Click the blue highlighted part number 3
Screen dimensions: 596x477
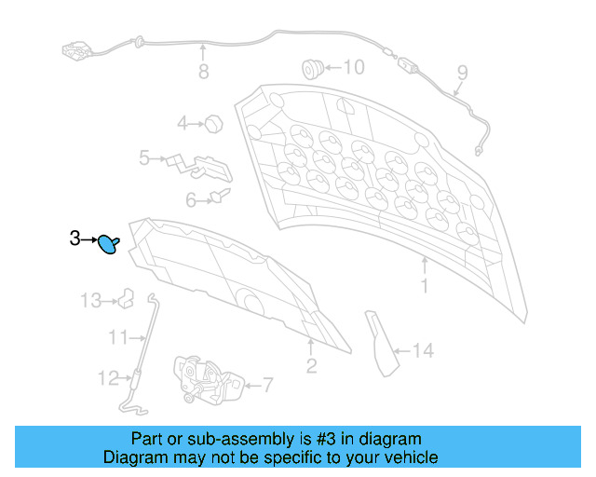(x=108, y=244)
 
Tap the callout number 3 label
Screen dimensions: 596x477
(x=74, y=238)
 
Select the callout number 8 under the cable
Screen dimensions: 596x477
(x=204, y=72)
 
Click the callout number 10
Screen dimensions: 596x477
(x=354, y=67)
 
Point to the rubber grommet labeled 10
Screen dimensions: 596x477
(x=313, y=69)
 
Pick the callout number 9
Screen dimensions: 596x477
(x=462, y=73)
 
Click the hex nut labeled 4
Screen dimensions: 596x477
(x=213, y=124)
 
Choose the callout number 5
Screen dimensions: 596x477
(x=144, y=157)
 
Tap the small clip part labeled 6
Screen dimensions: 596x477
(x=221, y=196)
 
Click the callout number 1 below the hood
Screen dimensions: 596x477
(x=425, y=286)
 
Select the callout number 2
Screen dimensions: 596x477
(x=311, y=366)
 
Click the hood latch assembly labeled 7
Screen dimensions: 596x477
(x=208, y=379)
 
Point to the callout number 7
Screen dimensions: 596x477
(x=268, y=385)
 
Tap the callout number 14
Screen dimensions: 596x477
(x=423, y=350)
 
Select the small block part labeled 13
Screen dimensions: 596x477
(x=127, y=298)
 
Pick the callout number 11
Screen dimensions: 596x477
(x=118, y=337)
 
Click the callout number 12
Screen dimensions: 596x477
(x=109, y=378)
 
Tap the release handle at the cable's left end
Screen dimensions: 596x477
(x=76, y=50)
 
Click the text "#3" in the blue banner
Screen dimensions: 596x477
(x=326, y=439)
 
